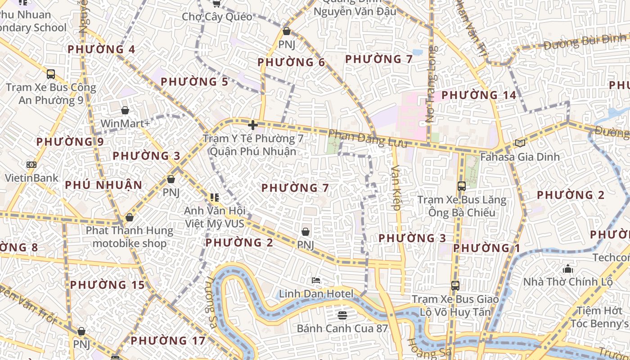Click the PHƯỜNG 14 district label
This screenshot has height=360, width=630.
(x=478, y=95)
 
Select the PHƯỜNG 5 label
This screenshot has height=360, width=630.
(x=194, y=82)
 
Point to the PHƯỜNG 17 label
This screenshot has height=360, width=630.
(x=168, y=341)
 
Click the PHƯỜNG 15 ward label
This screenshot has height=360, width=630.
(x=108, y=285)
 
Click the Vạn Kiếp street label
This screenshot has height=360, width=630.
(x=396, y=188)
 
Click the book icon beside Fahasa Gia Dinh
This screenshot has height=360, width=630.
(x=520, y=144)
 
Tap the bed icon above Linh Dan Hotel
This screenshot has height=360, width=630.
(x=316, y=280)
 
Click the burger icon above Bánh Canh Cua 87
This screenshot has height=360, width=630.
(x=342, y=315)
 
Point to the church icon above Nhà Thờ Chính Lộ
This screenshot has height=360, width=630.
(x=568, y=269)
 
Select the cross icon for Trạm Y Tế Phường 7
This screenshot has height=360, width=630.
(x=253, y=125)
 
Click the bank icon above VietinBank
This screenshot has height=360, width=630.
(x=31, y=165)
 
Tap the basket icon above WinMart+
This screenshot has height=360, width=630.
(x=125, y=110)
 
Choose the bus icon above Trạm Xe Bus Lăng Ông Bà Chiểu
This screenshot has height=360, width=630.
(x=461, y=186)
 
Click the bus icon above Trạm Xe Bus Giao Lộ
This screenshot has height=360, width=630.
(x=455, y=286)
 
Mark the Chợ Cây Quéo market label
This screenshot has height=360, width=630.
(x=217, y=17)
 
